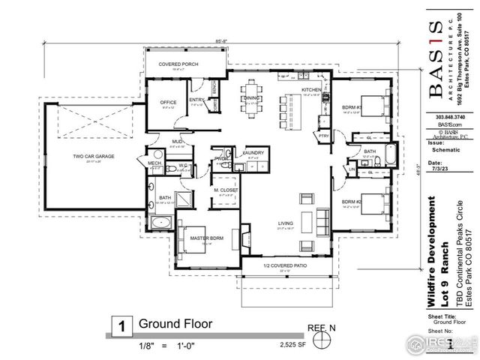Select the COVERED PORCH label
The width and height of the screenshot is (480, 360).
pos(177,64)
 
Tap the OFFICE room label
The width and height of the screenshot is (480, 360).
pos(167,103)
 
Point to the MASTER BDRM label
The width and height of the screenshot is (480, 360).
pos(204,239)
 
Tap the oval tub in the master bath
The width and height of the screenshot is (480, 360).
pos(161,222)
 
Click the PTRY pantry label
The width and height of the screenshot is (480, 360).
pos(324,136)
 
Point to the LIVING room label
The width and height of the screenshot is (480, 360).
pos(285,223)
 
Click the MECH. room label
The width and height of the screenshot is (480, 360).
pos(155,163)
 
